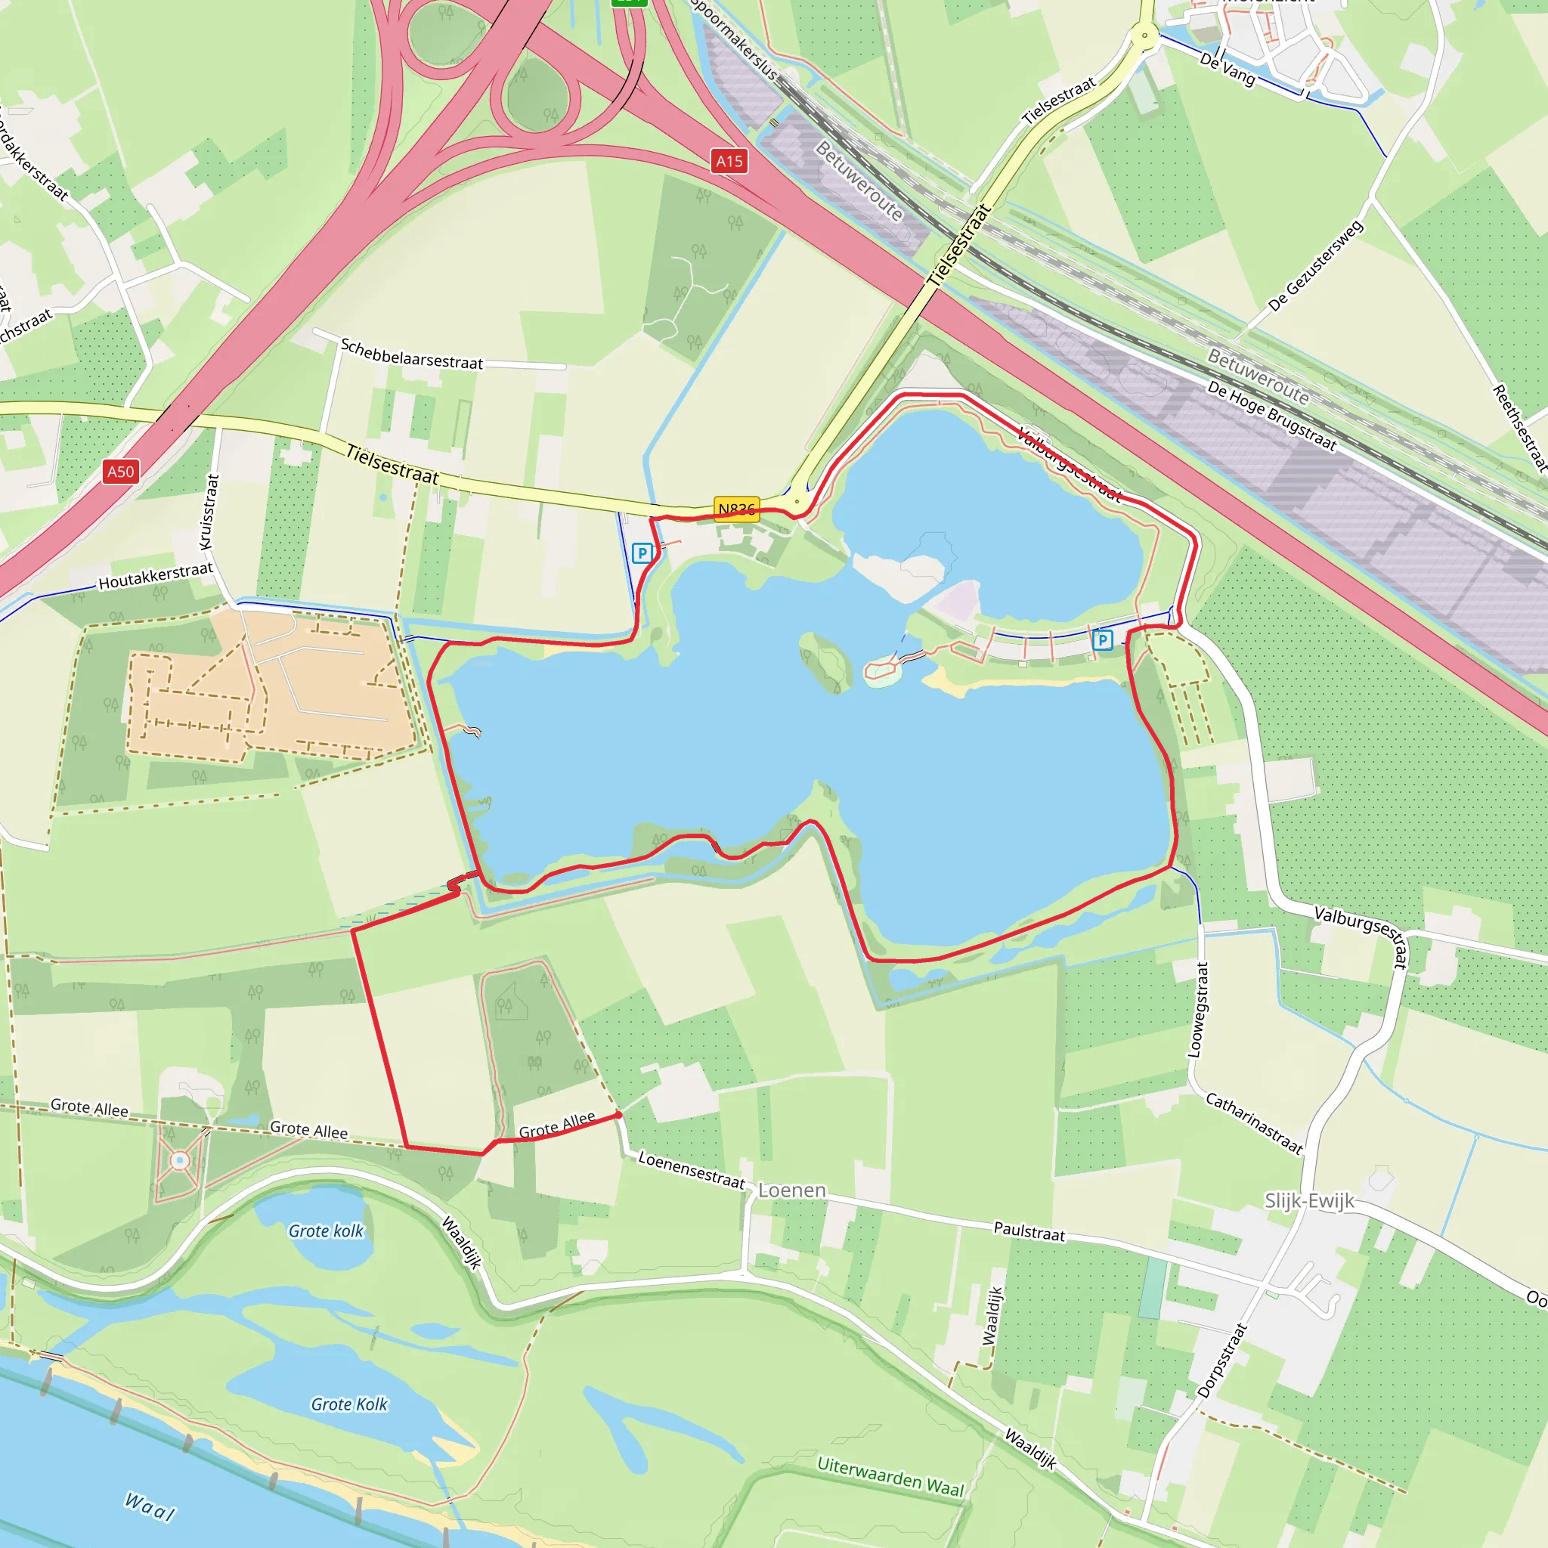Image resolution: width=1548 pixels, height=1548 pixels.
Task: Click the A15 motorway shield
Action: [x=729, y=161]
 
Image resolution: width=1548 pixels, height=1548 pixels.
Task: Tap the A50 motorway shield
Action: [x=121, y=471]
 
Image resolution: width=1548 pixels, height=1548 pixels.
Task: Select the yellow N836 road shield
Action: [x=735, y=509]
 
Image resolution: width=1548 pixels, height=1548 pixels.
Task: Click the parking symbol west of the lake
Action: [x=642, y=553]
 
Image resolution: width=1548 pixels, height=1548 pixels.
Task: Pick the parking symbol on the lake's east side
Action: [x=1103, y=639]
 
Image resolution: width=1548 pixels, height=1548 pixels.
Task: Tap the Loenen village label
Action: [x=791, y=1190]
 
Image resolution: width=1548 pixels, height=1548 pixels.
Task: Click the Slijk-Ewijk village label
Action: [x=1309, y=1200]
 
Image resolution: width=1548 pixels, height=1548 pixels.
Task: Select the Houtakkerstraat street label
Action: [x=156, y=576]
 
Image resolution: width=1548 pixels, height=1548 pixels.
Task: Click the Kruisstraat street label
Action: [x=209, y=512]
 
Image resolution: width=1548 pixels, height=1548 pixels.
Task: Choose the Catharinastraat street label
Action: [x=1254, y=1122]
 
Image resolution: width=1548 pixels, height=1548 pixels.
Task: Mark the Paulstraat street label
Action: [x=1029, y=1231]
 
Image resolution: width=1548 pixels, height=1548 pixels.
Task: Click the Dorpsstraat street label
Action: [x=1222, y=1360]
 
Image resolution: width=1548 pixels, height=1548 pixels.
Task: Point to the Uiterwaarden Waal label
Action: [x=890, y=1476]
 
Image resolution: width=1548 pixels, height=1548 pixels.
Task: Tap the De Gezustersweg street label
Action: [x=1316, y=265]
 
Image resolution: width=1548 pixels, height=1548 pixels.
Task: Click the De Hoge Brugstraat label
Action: [x=1271, y=416]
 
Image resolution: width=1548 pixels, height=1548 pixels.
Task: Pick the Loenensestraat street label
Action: [x=691, y=1170]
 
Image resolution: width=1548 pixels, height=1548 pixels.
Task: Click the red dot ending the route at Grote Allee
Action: [x=618, y=1115]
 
